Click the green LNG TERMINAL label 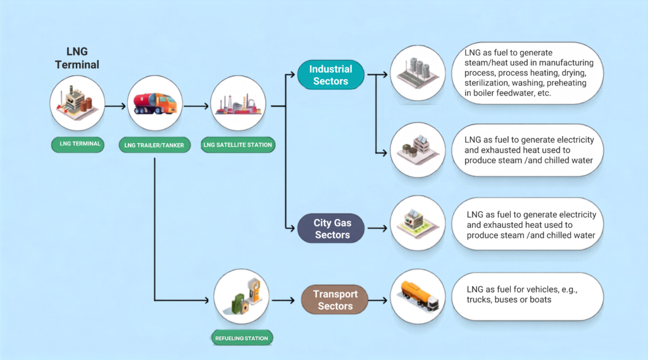click(78, 144)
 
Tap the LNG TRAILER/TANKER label click(154, 145)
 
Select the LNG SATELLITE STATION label click(238, 145)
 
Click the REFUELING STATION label click(242, 338)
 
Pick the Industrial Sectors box click(330, 75)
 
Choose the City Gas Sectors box click(331, 228)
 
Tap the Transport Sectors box click(335, 300)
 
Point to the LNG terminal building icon click(77, 103)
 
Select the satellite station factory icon click(238, 104)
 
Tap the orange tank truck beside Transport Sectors click(418, 296)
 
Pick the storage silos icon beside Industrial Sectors click(418, 73)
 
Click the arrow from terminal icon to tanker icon click(115, 106)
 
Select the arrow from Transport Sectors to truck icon click(378, 300)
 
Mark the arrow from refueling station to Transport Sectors click(283, 300)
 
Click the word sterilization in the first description click(486, 83)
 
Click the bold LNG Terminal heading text click(77, 58)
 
